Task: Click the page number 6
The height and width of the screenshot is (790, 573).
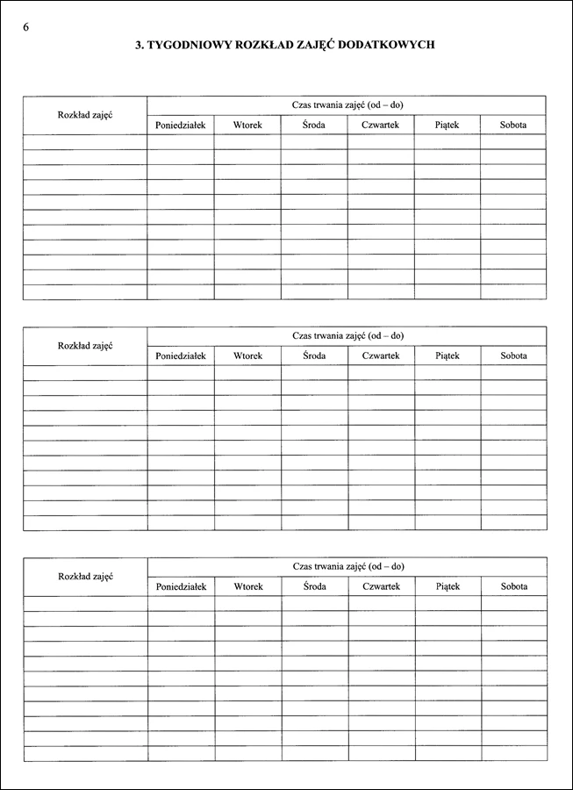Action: point(25,26)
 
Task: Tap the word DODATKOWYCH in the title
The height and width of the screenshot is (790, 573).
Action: point(391,44)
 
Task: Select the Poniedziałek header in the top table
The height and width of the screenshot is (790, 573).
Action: point(180,126)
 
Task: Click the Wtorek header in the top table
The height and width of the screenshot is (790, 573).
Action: point(247,126)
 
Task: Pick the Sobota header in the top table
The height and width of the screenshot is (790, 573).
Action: point(513,126)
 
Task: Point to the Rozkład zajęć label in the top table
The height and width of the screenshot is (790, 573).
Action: point(85,115)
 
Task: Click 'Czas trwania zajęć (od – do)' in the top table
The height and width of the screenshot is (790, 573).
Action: point(347,105)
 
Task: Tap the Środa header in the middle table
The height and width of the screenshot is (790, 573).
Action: point(314,355)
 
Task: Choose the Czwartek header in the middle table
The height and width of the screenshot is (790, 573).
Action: point(381,355)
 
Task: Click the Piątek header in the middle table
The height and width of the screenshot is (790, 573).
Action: point(448,355)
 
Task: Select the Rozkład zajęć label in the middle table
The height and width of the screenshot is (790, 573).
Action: point(85,346)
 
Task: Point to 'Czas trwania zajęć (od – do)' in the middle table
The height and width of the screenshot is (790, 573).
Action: point(347,336)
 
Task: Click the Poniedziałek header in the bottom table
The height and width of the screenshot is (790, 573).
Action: point(181,585)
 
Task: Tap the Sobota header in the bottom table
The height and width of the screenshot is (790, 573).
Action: point(514,585)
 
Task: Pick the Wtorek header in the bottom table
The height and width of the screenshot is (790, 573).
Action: point(248,585)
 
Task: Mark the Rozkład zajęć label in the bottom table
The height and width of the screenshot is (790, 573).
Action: point(85,576)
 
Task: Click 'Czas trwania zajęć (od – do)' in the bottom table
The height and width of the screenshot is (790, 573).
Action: point(348,566)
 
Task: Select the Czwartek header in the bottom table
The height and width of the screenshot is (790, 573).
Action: point(382,585)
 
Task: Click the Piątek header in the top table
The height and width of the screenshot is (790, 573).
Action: point(447,126)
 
